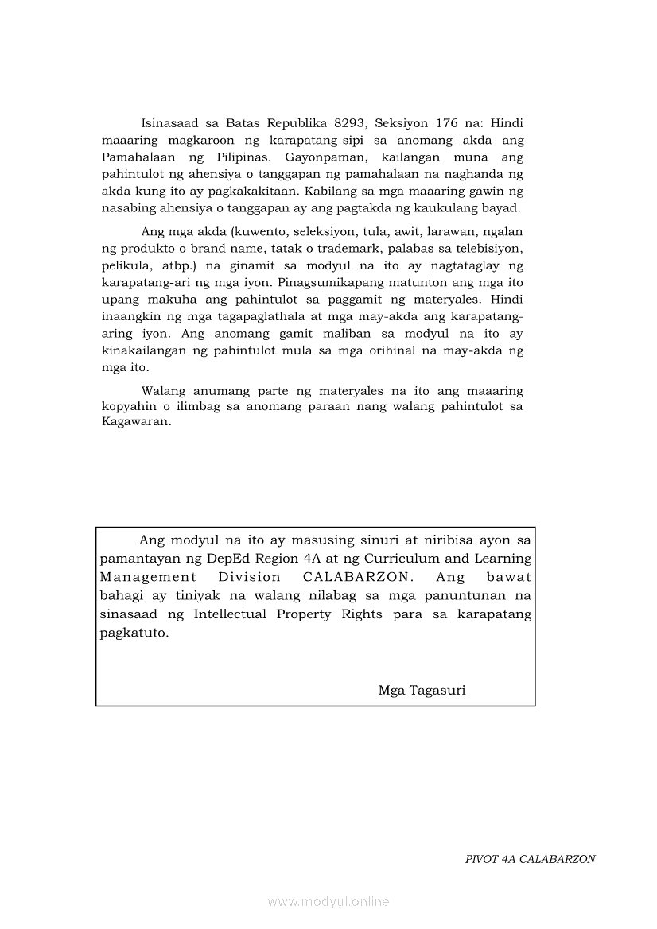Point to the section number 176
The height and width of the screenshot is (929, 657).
point(446,123)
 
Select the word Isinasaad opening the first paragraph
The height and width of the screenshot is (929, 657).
point(170,123)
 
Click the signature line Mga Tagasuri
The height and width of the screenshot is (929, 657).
point(422,690)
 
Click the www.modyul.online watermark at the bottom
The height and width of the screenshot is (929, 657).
point(328,901)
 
